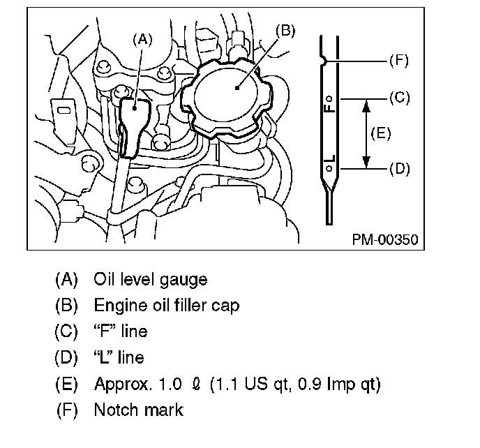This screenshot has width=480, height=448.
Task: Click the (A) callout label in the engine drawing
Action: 142,40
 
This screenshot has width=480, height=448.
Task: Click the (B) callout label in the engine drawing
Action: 285,30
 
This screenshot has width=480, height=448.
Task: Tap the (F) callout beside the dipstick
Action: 398,61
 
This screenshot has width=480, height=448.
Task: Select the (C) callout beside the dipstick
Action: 398,98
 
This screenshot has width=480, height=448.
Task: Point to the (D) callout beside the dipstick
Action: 398,169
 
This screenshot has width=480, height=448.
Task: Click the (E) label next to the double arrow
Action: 381,133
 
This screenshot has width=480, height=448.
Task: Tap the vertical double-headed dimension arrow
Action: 364,133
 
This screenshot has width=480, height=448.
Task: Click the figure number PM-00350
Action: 384,239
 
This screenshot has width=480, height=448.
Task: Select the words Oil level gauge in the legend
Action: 150,280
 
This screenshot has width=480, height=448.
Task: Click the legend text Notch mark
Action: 138,410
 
